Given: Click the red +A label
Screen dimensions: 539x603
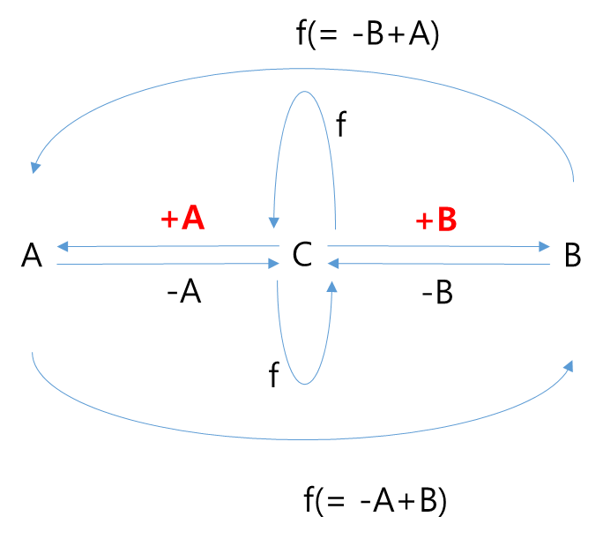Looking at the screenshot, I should pyautogui.click(x=182, y=219).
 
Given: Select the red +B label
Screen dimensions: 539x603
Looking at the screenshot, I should pyautogui.click(x=436, y=221).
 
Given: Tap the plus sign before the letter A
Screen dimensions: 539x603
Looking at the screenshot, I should pyautogui.click(x=168, y=220).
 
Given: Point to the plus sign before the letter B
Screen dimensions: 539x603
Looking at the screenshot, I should pyautogui.click(x=424, y=221).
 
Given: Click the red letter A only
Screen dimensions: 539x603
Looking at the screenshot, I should pyautogui.click(x=192, y=219).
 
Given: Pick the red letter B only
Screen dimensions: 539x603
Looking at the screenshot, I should pyautogui.click(x=447, y=221).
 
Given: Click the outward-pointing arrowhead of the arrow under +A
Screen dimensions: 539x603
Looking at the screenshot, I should pyautogui.click(x=61, y=246).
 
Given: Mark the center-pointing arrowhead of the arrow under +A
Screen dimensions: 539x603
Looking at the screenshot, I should pyautogui.click(x=274, y=263).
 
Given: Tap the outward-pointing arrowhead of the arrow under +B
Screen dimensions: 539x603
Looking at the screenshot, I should pyautogui.click(x=546, y=246).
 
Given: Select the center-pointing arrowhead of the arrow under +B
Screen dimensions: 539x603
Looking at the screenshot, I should pyautogui.click(x=332, y=263).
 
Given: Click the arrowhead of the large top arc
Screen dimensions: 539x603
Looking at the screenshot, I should pyautogui.click(x=35, y=167).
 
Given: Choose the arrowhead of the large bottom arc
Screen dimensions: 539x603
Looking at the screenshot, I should pyautogui.click(x=570, y=365).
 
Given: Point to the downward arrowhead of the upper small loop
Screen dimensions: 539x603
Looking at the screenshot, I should pyautogui.click(x=274, y=223).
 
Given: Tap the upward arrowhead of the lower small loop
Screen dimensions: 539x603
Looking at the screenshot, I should pyautogui.click(x=332, y=287).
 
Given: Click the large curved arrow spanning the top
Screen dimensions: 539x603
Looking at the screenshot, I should pyautogui.click(x=304, y=68).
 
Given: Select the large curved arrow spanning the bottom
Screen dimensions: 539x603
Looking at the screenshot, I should pyautogui.click(x=304, y=438).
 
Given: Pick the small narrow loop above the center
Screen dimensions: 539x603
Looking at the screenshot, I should pyautogui.click(x=305, y=92).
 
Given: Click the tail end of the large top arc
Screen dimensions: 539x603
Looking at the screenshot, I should pyautogui.click(x=574, y=180).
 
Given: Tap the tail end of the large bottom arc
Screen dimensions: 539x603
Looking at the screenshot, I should pyautogui.click(x=33, y=355).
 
